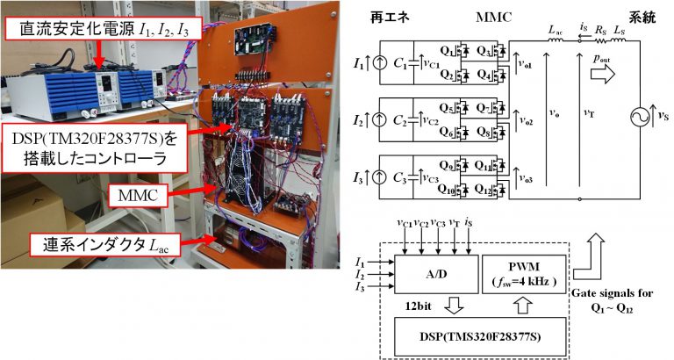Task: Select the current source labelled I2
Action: point(379,118)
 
